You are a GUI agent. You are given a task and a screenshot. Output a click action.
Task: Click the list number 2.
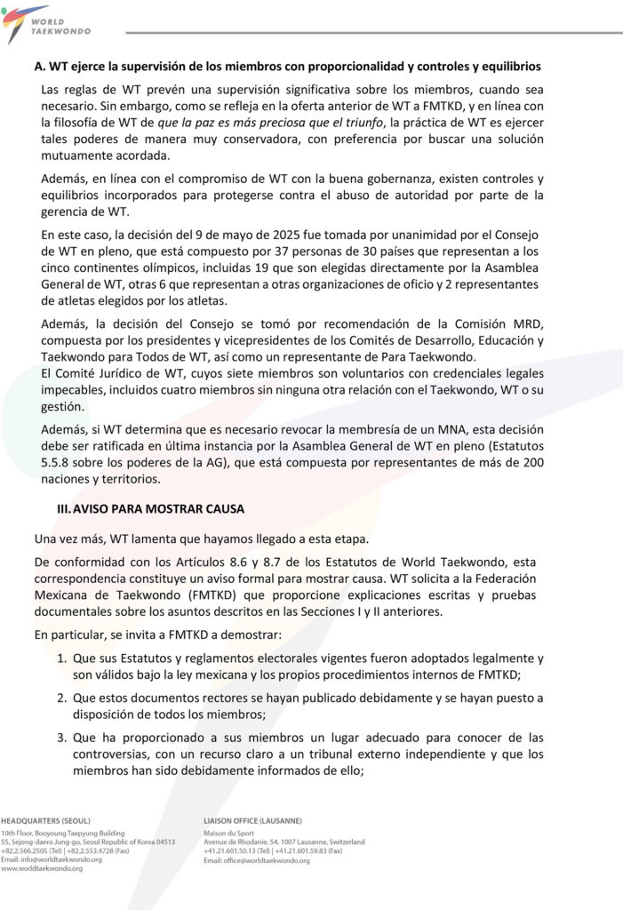[62, 698]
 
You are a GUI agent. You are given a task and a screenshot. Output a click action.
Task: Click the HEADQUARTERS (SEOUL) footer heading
[45, 819]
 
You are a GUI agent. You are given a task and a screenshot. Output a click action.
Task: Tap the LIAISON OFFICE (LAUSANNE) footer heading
[252, 819]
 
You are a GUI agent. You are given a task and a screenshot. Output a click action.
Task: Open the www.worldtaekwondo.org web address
[42, 868]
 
